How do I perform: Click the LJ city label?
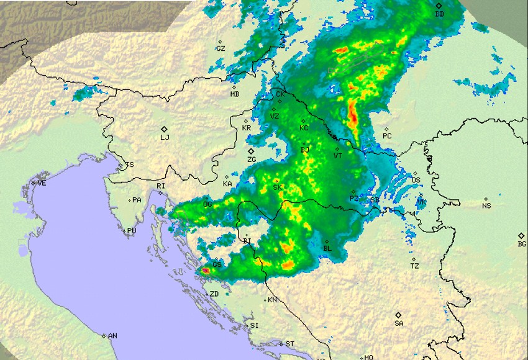(x=165, y=138)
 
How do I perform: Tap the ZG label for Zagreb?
(x=252, y=160)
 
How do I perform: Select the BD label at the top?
(x=440, y=14)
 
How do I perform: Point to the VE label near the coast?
(x=42, y=183)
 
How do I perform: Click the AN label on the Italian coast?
(x=112, y=336)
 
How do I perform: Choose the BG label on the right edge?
(x=522, y=244)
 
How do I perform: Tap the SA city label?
(x=399, y=323)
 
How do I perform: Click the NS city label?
(x=486, y=205)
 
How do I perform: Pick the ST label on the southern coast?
(x=289, y=343)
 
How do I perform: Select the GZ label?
(x=221, y=48)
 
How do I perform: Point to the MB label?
(x=234, y=94)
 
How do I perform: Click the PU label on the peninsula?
(x=132, y=231)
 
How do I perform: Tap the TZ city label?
(x=414, y=266)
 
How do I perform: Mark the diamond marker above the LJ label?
(x=164, y=129)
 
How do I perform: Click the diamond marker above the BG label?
(x=521, y=235)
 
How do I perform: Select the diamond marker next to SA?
(x=399, y=315)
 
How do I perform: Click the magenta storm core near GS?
(x=205, y=271)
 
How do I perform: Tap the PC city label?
(x=387, y=136)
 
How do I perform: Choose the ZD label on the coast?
(x=214, y=294)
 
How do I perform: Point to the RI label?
(x=161, y=186)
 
